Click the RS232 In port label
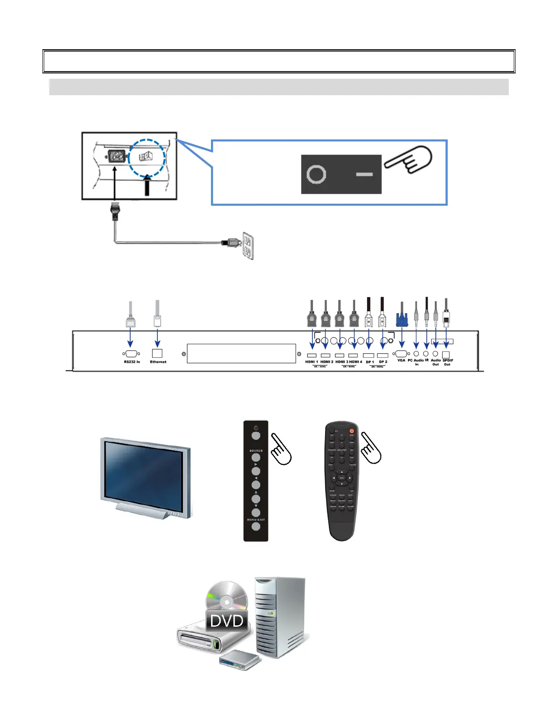coord(132,362)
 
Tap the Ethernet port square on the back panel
coord(157,353)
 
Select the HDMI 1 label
coord(312,362)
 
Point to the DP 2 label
coord(383,362)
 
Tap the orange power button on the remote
coord(351,431)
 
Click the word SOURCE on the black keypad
coord(256,450)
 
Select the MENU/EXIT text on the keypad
coord(256,520)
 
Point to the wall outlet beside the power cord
coord(248,246)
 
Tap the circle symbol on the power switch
coord(316,174)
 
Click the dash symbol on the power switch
coord(364,174)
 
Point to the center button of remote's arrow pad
coord(341,478)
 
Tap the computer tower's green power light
coord(272,614)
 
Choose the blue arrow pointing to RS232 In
coord(130,337)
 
